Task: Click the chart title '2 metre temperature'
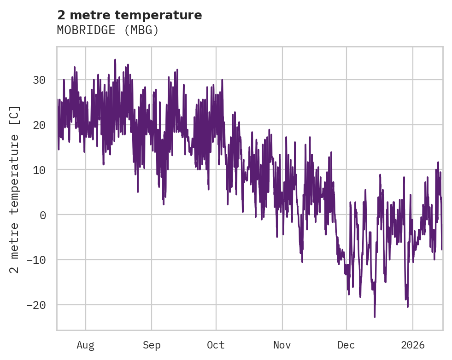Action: pos(129,15)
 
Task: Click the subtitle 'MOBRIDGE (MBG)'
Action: pos(108,30)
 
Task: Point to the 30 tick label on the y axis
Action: pos(39,80)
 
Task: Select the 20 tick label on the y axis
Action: pos(39,125)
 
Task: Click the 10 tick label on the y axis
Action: pos(39,170)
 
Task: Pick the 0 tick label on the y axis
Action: pos(42,215)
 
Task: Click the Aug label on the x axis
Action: pos(85,345)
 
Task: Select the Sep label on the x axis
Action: pos(151,345)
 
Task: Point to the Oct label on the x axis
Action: pos(216,345)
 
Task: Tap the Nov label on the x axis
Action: pos(282,345)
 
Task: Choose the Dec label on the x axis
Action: pos(346,345)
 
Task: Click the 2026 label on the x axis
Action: pos(413,345)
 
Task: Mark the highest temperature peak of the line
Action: pos(115,60)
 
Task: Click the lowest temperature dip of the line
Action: pos(375,317)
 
